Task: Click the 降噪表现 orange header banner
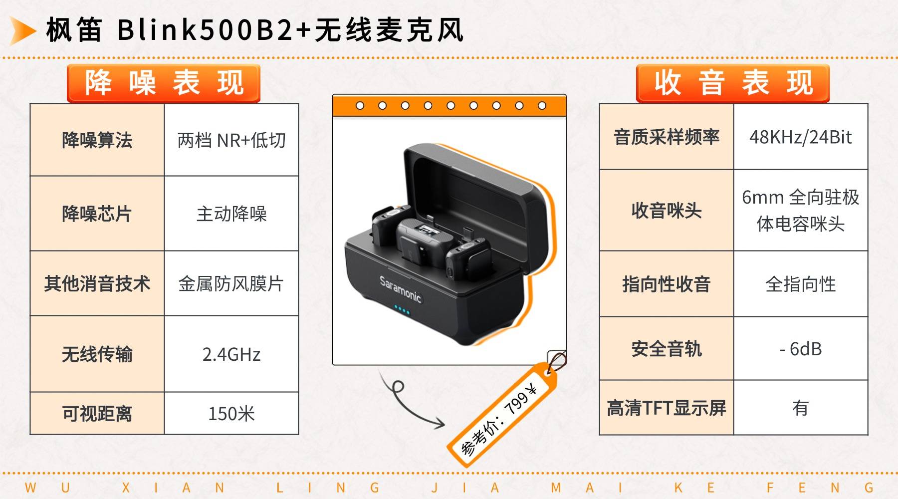pos(164,83)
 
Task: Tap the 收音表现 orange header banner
pos(733,83)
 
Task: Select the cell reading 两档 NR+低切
pos(231,140)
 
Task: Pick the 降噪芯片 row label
pos(97,214)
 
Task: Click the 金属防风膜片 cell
pos(231,283)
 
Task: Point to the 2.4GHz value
pos(231,354)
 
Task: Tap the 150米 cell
pos(231,414)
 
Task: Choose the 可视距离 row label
pos(97,414)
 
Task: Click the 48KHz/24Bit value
pos(801,137)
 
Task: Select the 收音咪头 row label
pos(667,211)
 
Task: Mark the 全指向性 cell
pos(801,284)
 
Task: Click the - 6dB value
pos(801,349)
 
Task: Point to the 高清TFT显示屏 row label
pos(667,408)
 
